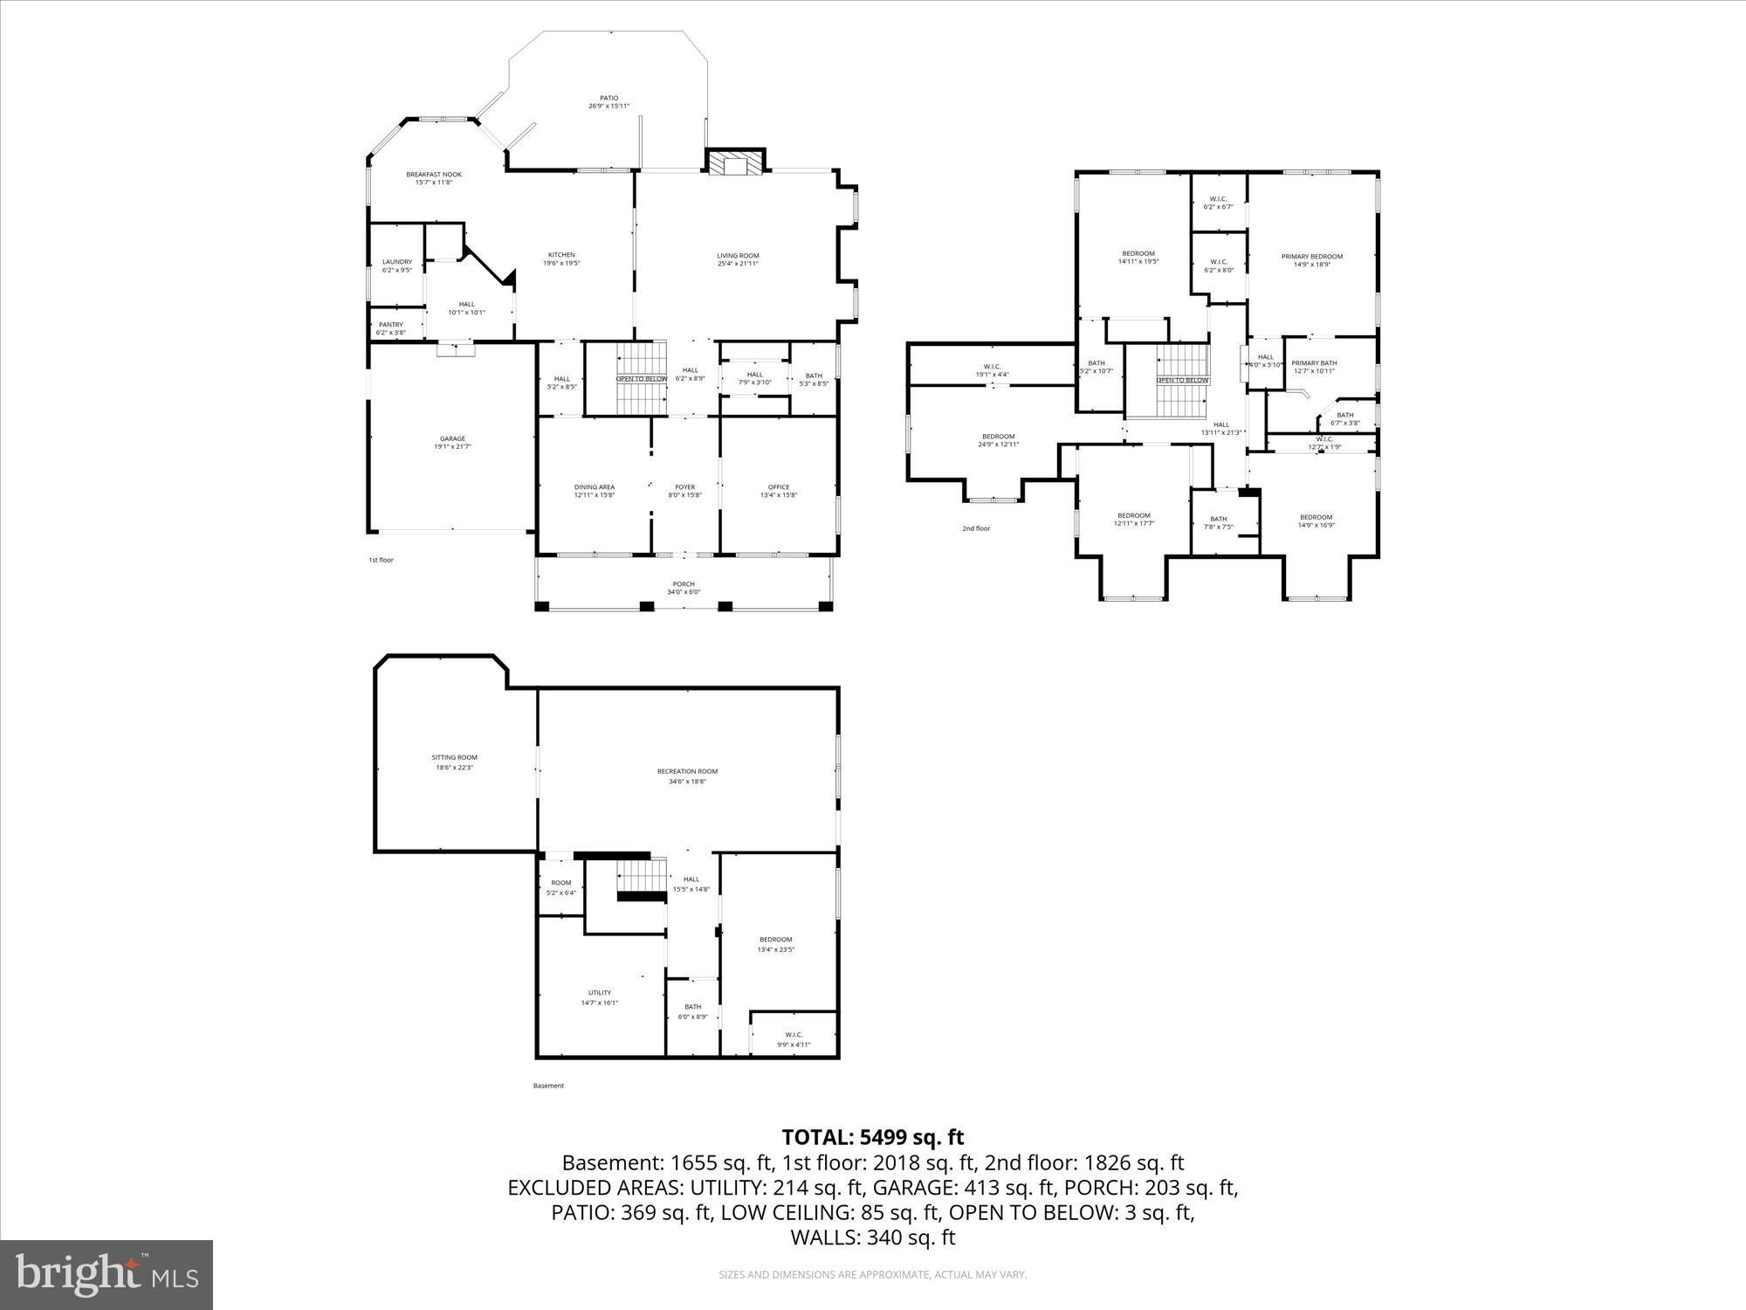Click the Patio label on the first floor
608,99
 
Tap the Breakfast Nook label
434,175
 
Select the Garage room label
452,439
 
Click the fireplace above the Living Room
735,165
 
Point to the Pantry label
391,325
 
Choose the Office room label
779,487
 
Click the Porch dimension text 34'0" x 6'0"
684,592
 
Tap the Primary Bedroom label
1311,257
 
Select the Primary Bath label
1314,363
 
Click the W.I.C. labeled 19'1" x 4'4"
992,370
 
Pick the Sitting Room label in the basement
454,758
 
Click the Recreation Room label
687,771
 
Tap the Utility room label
600,993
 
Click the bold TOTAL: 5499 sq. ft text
872,1137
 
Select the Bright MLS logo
107,1275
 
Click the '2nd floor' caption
976,528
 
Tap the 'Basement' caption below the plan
548,1086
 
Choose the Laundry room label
397,262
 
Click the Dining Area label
595,487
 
